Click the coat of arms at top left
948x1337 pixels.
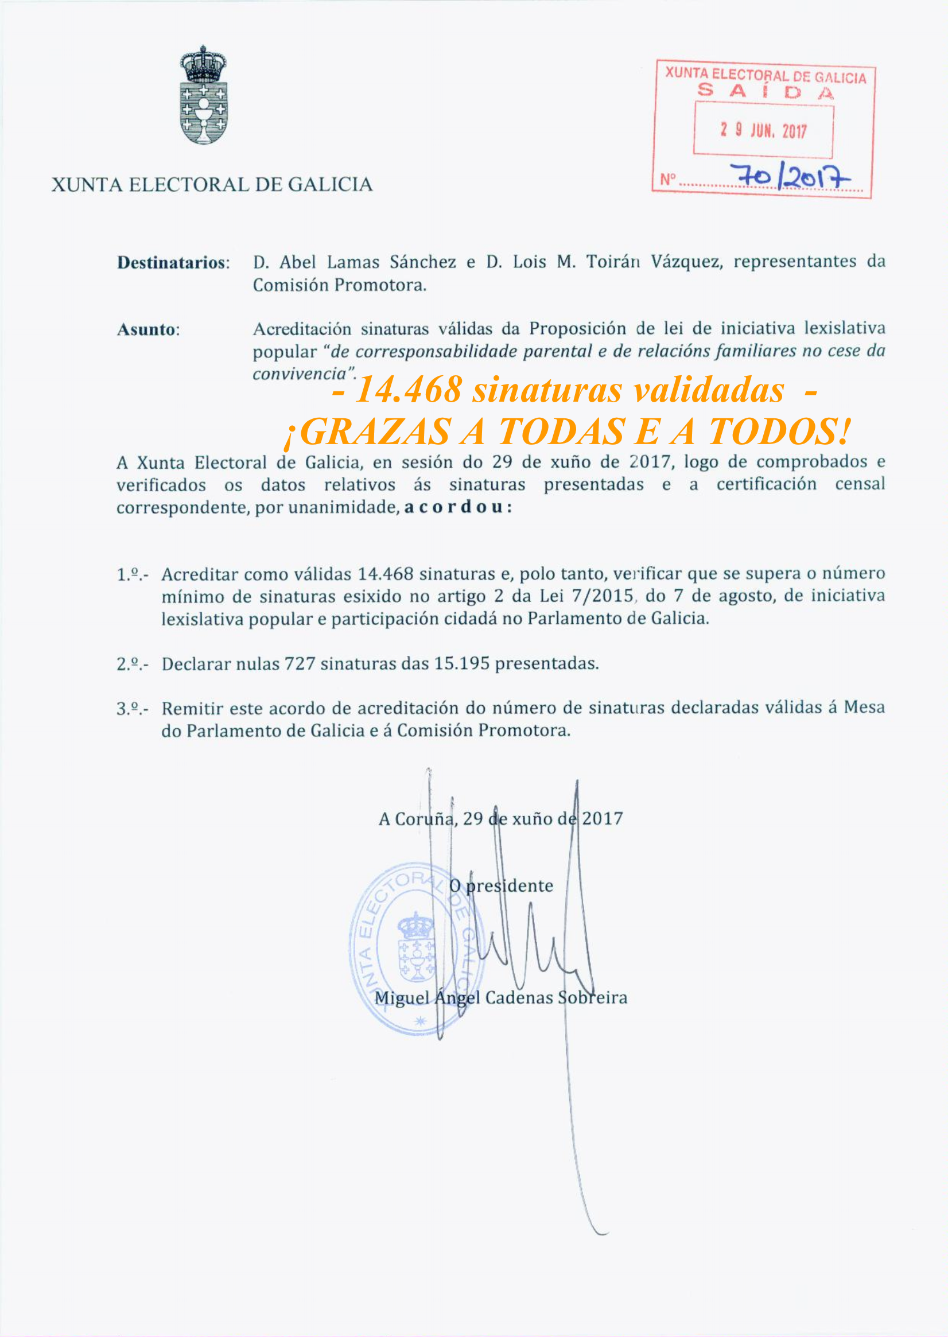[x=203, y=95]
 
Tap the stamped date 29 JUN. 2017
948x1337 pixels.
[x=763, y=130]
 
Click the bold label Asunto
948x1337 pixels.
[x=148, y=330]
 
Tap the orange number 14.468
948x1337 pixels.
[x=409, y=390]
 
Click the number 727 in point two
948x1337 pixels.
[x=300, y=664]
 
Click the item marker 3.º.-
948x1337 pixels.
[x=132, y=709]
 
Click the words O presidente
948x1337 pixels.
[x=501, y=886]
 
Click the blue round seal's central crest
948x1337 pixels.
[x=417, y=947]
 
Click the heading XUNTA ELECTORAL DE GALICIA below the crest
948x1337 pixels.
[x=212, y=185]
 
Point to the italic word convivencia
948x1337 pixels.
[x=300, y=374]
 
